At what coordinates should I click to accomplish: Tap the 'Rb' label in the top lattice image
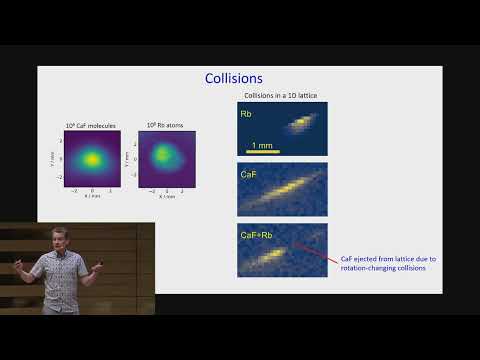(x=246, y=114)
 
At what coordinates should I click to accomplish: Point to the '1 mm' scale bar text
(x=262, y=145)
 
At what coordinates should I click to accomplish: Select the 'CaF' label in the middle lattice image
(x=250, y=175)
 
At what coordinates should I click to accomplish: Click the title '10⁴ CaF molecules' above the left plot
(x=91, y=125)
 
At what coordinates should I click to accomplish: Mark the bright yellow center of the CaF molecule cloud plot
(x=92, y=157)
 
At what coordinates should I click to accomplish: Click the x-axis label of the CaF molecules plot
(x=92, y=193)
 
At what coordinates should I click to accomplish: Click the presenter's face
(x=55, y=238)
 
